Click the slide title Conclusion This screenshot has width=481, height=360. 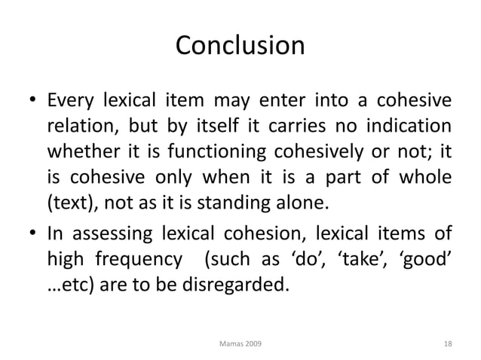(x=240, y=46)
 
